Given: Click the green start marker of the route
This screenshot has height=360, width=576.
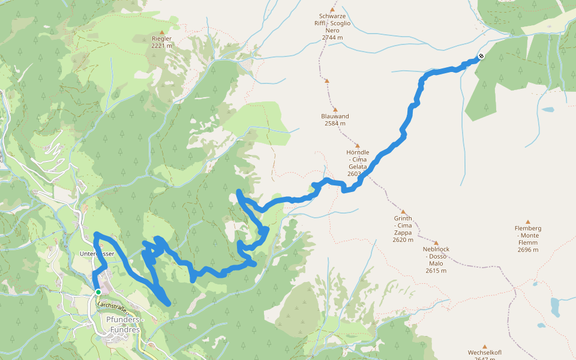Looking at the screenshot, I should (x=98, y=292).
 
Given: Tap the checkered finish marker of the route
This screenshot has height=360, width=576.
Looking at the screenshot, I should (x=481, y=57).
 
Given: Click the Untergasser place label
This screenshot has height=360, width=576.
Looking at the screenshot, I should (x=97, y=254).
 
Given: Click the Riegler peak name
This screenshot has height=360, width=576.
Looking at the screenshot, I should (x=161, y=38).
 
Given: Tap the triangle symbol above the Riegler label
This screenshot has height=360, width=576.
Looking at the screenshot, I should (x=161, y=31).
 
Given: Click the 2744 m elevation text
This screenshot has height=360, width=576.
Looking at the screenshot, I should (x=332, y=37).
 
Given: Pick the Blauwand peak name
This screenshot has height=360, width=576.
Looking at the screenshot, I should (x=335, y=116).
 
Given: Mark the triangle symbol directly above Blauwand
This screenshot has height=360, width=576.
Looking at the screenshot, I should (x=335, y=109).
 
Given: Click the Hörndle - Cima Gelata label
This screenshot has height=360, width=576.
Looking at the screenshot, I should (x=358, y=159).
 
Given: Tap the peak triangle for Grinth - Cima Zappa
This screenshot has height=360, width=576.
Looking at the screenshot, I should (x=403, y=212).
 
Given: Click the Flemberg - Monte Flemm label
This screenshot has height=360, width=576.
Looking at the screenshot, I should (x=528, y=235).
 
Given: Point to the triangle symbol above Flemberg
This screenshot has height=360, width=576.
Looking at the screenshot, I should (x=528, y=221).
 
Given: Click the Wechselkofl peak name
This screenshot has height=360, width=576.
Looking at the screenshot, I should (x=484, y=352).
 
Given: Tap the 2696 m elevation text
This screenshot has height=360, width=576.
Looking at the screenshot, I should (x=528, y=250).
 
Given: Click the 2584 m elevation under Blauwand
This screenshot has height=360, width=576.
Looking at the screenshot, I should (x=335, y=124).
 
